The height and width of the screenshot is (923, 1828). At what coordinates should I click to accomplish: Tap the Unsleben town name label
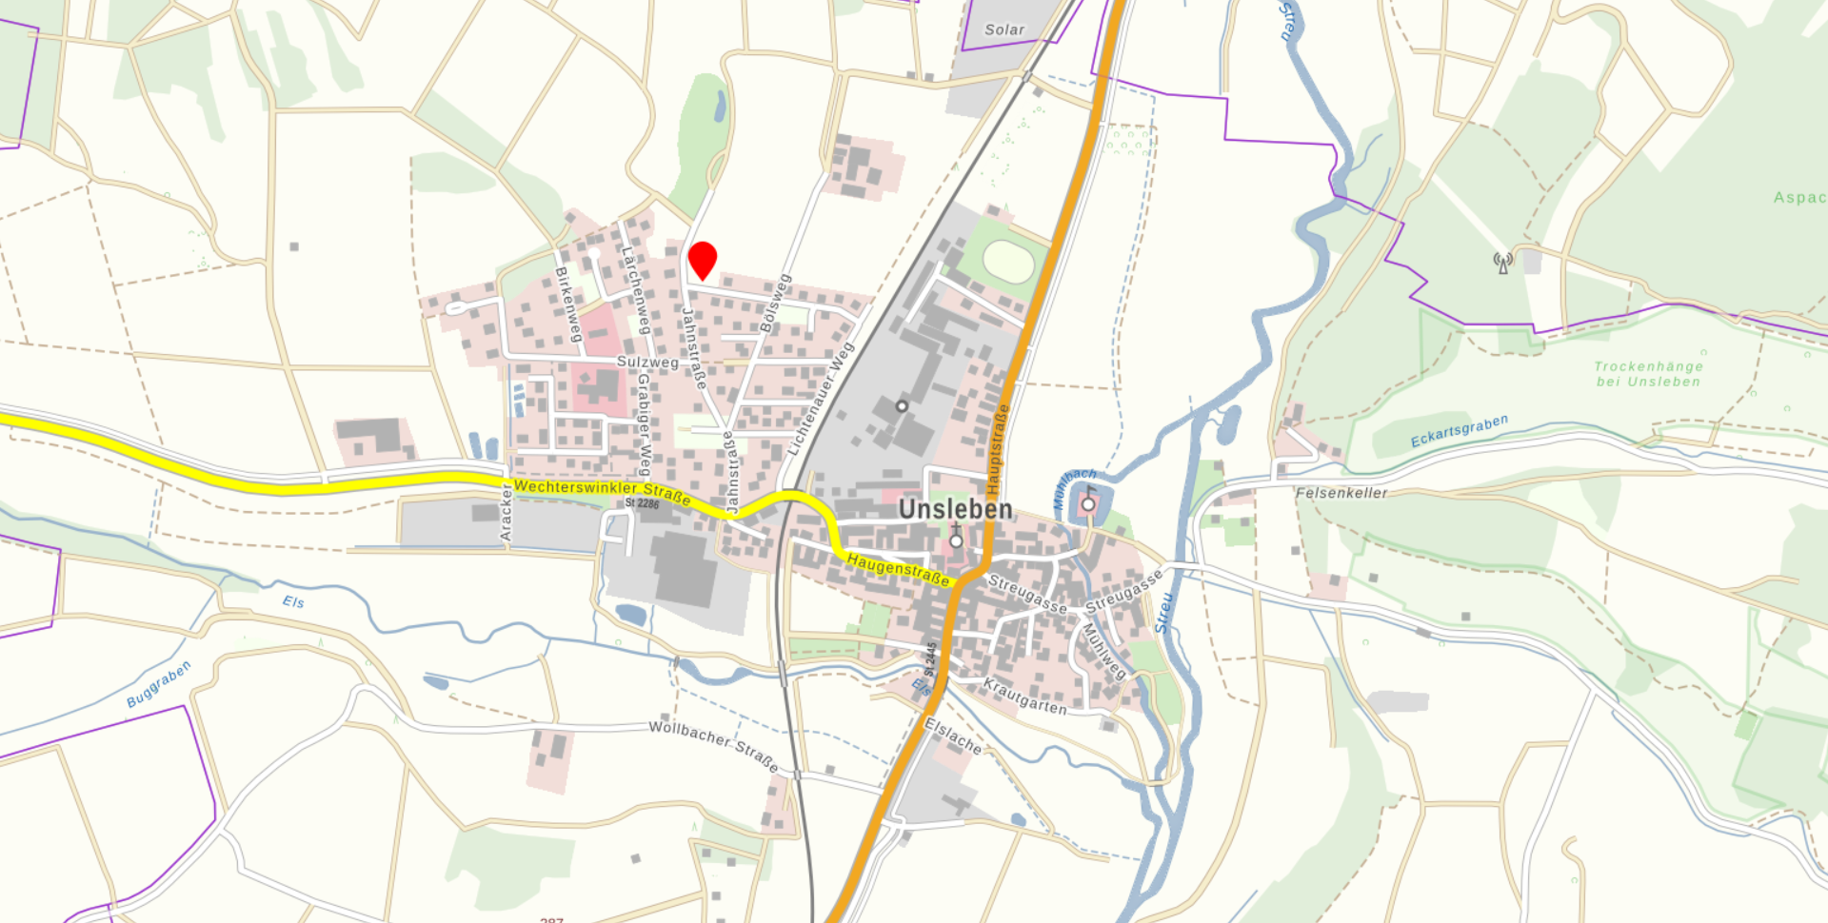click(x=955, y=509)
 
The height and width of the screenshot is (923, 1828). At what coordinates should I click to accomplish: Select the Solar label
click(x=1004, y=29)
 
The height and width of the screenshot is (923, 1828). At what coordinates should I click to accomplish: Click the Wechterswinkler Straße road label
click(x=602, y=491)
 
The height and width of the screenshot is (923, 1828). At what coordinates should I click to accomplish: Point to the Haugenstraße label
click(x=898, y=568)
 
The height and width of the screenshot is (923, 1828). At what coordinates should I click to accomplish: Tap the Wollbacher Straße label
click(x=713, y=745)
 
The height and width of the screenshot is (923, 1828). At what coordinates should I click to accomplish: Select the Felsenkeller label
click(x=1341, y=493)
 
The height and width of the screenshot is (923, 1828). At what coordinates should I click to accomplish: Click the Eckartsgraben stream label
click(x=1459, y=430)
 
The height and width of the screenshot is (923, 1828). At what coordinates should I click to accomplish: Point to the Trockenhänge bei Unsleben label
click(x=1648, y=374)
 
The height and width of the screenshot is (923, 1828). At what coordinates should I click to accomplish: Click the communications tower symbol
click(x=1502, y=263)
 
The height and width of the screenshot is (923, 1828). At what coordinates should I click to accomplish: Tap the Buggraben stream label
click(x=159, y=683)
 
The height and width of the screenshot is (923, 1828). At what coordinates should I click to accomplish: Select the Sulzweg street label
click(x=647, y=362)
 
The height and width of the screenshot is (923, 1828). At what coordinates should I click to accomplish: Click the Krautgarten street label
click(x=1024, y=697)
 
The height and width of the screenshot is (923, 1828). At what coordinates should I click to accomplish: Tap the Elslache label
click(x=952, y=736)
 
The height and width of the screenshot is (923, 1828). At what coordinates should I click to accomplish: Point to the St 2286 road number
click(x=642, y=503)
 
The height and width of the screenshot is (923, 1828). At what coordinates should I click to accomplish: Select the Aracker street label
click(x=506, y=512)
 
